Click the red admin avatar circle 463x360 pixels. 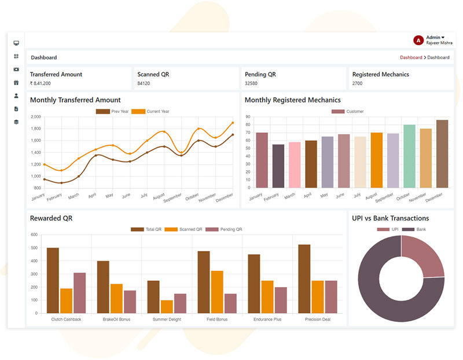point(418,40)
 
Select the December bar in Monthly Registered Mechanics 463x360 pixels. point(442,154)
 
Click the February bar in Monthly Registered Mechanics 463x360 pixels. point(278,166)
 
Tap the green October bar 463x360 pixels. point(409,156)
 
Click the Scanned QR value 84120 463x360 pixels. point(144,83)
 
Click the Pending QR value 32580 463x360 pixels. point(251,83)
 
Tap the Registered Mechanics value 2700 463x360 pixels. point(358,83)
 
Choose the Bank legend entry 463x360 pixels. point(417,230)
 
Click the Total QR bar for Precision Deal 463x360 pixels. point(304,279)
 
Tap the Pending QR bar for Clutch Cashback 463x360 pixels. point(79,293)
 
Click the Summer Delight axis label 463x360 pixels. point(167,319)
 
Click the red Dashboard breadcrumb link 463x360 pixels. point(411,57)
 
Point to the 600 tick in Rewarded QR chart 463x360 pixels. point(34,235)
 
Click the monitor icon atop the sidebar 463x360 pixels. point(16,43)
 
